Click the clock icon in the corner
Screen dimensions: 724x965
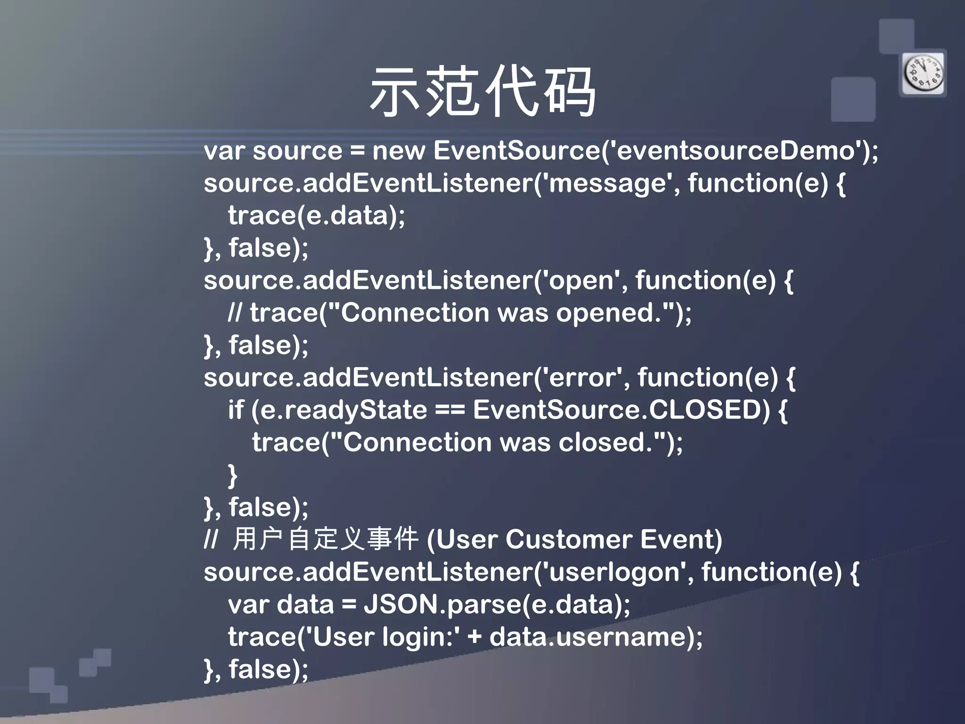[923, 74]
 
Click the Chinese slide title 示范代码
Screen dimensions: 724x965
[482, 92]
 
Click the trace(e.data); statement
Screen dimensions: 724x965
[316, 216]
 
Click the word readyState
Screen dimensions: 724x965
[356, 410]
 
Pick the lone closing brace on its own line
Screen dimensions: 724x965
[232, 475]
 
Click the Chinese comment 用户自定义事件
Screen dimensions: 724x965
[325, 539]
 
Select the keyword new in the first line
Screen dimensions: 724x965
[398, 151]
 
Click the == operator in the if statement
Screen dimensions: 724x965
[450, 410]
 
